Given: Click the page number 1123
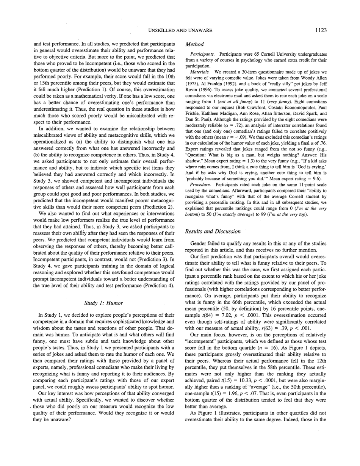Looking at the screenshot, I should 321,30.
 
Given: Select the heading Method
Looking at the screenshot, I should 195,44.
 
